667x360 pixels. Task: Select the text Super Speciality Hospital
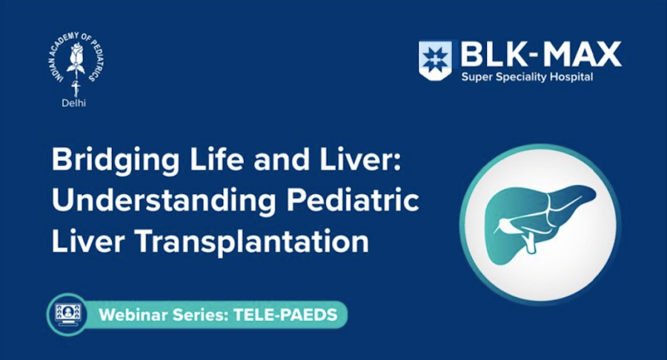(x=526, y=77)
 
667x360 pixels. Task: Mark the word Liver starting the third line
(x=81, y=241)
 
